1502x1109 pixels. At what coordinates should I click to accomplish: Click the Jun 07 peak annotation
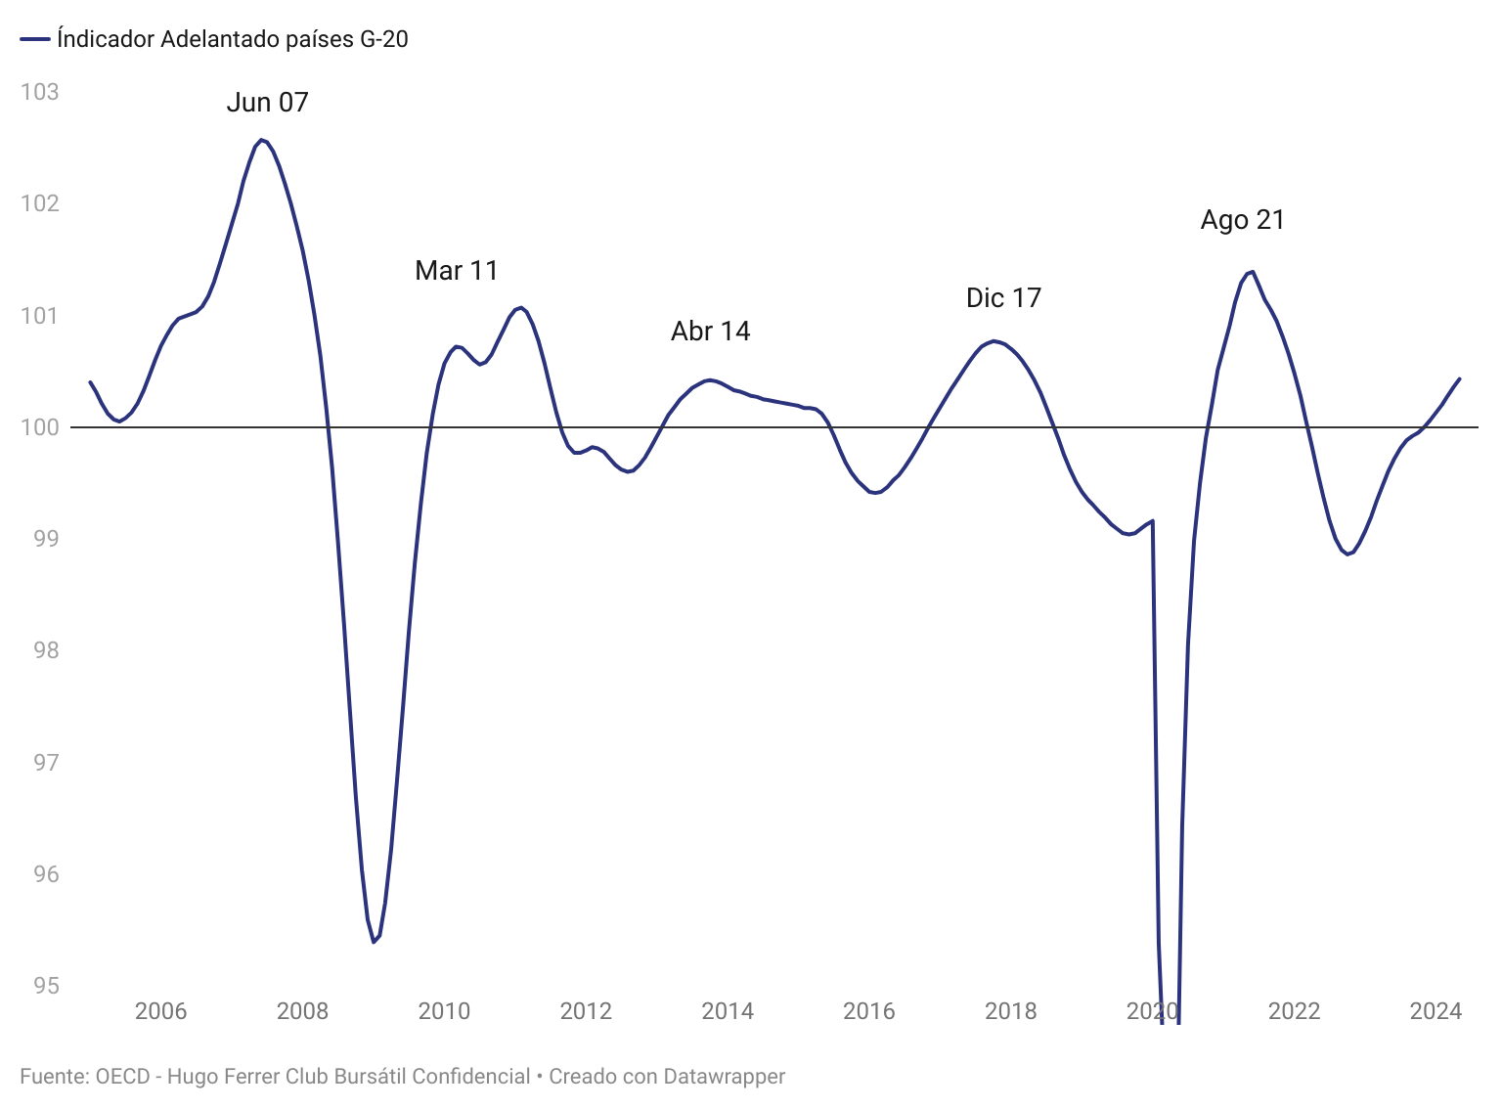267,103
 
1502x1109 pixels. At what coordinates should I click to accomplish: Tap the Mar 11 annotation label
457,271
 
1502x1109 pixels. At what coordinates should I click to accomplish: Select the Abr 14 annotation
710,332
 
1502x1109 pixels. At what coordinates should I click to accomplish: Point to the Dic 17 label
1003,298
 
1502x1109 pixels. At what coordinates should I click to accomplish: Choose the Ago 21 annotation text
1242,220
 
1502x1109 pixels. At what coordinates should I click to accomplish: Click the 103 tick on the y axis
39,92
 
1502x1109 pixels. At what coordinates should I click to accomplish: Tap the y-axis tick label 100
39,427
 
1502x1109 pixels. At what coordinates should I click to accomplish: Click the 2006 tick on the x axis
160,1011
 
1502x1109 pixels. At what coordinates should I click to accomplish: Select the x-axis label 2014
728,1011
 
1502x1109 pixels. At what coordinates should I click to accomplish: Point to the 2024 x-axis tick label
1436,1011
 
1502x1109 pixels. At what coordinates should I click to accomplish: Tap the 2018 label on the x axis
1011,1011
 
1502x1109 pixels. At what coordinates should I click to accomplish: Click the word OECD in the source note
122,1077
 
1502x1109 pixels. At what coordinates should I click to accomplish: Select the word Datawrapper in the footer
724,1077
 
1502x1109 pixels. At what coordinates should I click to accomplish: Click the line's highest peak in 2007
261,140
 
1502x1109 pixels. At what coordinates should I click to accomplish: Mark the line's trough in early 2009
374,942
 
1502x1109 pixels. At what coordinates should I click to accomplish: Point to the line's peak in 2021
1253,271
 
